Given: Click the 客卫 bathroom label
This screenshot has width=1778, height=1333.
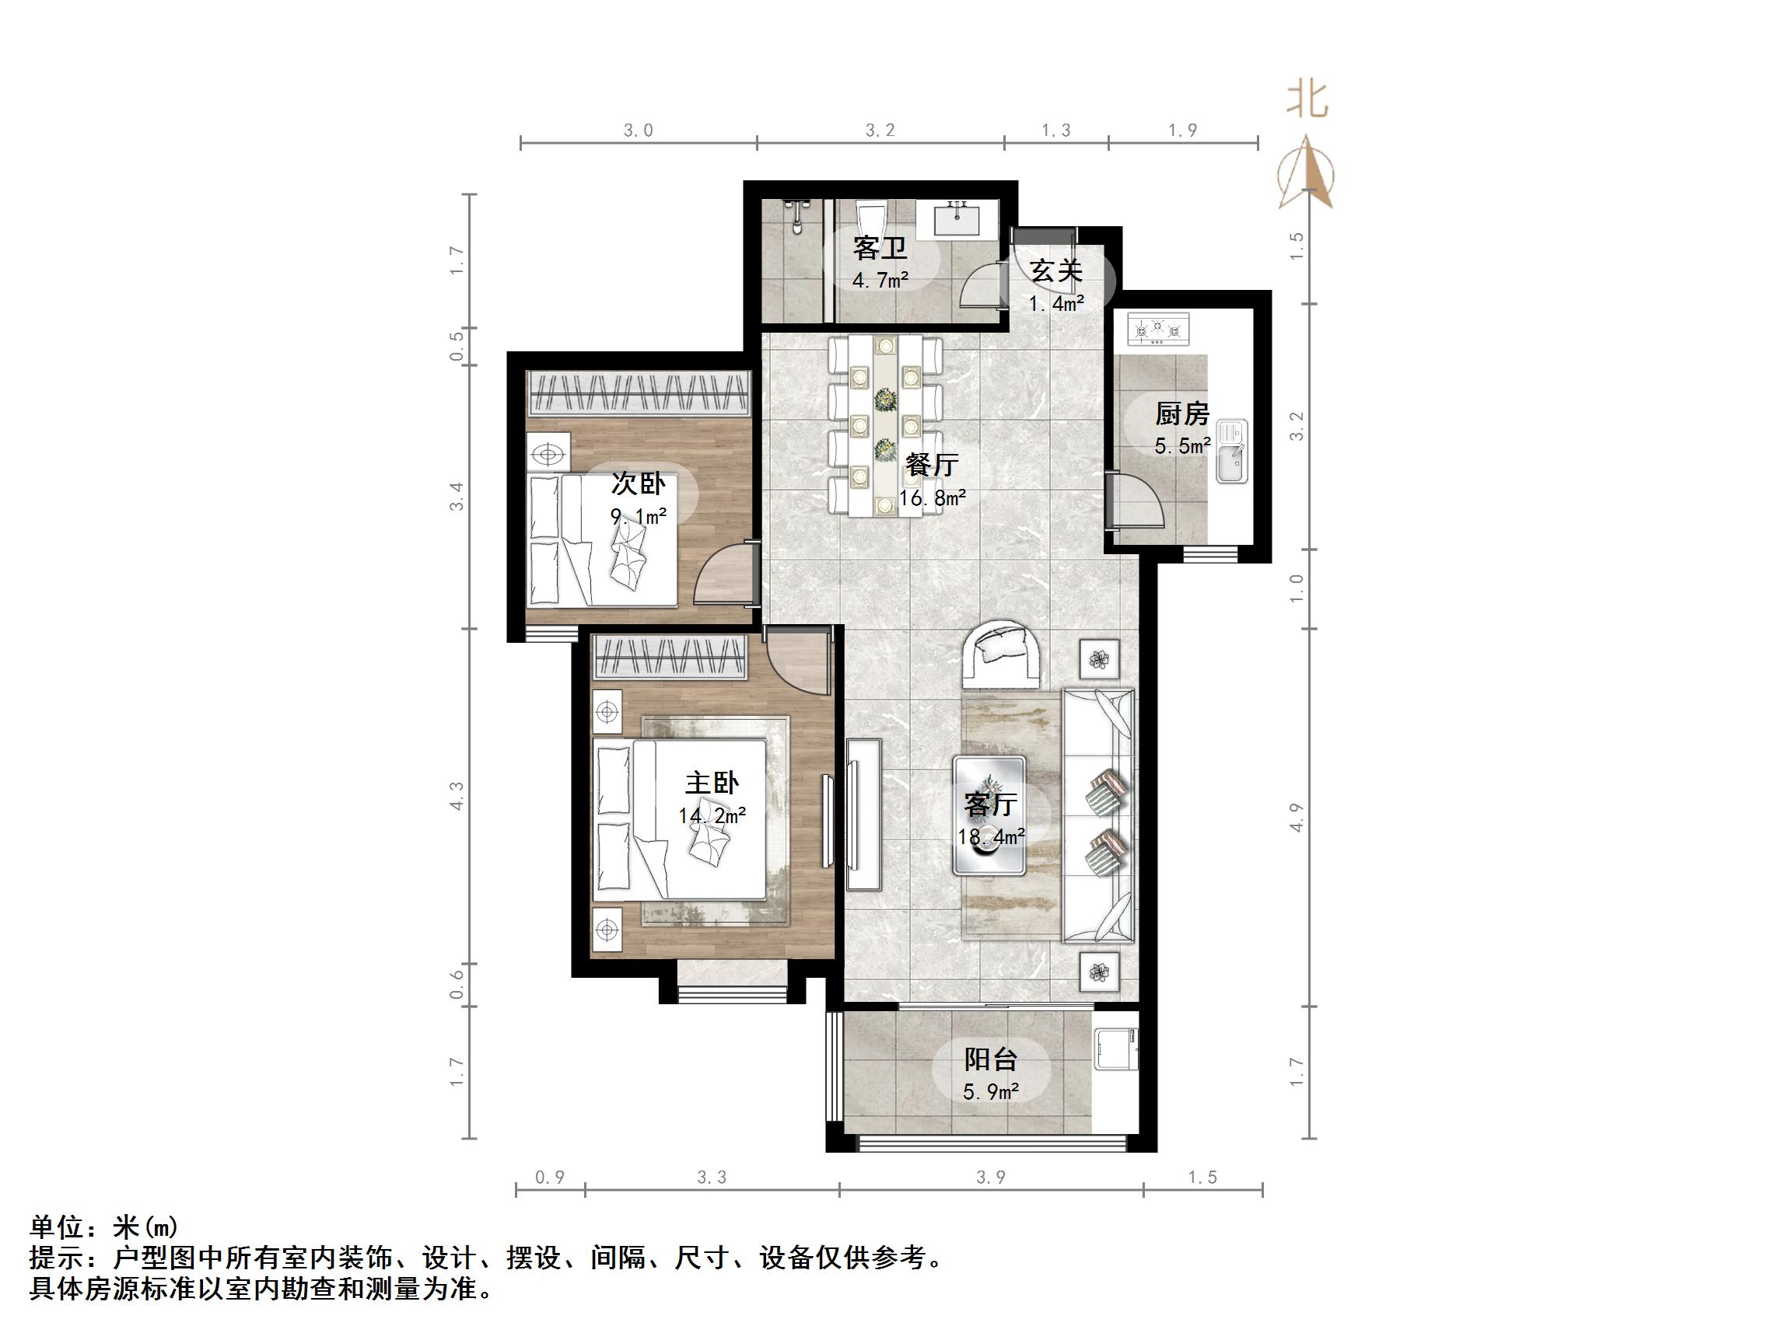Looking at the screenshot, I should click(x=880, y=248).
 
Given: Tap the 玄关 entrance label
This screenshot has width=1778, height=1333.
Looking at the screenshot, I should click(x=1056, y=270).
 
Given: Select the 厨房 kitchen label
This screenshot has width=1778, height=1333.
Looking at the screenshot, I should click(x=1181, y=414).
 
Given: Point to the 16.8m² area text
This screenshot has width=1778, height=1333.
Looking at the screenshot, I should click(x=933, y=498).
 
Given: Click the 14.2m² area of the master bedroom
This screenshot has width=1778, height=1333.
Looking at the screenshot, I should click(x=712, y=816).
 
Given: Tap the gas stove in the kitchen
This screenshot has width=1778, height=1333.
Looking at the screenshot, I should click(x=1158, y=330).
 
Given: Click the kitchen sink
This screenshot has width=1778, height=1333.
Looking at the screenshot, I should click(x=1231, y=452).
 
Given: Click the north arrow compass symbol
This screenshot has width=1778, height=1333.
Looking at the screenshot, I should click(x=1306, y=173).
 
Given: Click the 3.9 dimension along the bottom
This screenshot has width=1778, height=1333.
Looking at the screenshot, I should click(x=991, y=1178).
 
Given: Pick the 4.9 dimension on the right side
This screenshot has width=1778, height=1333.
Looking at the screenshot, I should click(x=1297, y=817).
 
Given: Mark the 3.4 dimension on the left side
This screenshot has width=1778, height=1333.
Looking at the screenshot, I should click(x=457, y=497).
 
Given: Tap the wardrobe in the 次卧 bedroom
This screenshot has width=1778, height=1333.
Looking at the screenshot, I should click(x=639, y=392).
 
